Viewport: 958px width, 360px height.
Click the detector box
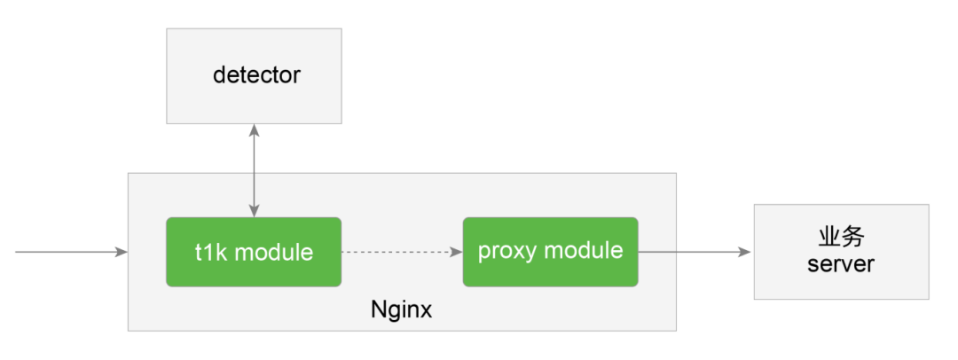pyautogui.click(x=254, y=75)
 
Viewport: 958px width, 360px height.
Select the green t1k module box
pyautogui.click(x=254, y=252)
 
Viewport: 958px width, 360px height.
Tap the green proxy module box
pyautogui.click(x=550, y=252)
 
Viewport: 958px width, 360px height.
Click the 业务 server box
pyautogui.click(x=841, y=252)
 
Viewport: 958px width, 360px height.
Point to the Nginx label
pyautogui.click(x=401, y=311)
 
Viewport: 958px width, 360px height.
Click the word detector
pyautogui.click(x=256, y=75)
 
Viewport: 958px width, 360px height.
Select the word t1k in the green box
pyautogui.click(x=211, y=252)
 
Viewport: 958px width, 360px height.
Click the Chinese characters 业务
pyautogui.click(x=841, y=238)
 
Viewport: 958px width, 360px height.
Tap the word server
pyautogui.click(x=841, y=264)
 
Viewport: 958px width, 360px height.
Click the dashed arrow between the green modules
pyautogui.click(x=399, y=252)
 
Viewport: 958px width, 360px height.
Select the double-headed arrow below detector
pyautogui.click(x=254, y=170)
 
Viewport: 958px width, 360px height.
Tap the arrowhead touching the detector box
pyautogui.click(x=254, y=130)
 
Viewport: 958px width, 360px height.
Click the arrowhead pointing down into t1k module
pyautogui.click(x=254, y=211)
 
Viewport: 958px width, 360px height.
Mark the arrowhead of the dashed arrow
pyautogui.click(x=456, y=252)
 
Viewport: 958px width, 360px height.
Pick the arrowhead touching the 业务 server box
pyautogui.click(x=746, y=252)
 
